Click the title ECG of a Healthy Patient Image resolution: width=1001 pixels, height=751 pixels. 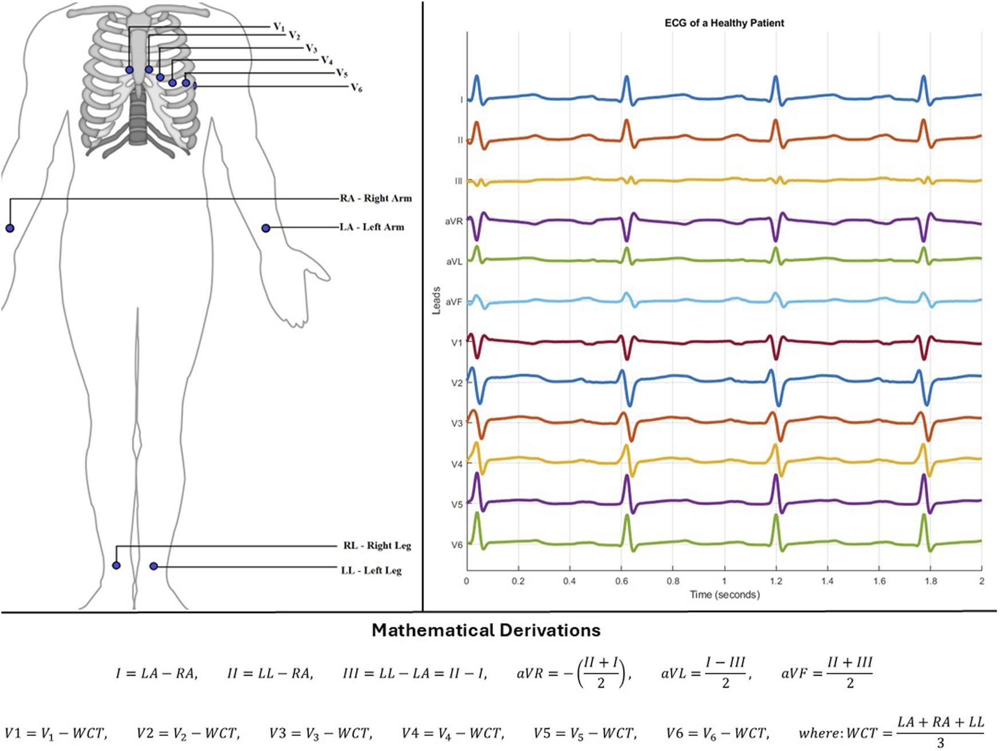724,23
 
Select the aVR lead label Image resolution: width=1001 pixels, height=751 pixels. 454,221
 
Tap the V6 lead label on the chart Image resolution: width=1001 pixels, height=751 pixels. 456,545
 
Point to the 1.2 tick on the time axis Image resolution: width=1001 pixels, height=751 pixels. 776,581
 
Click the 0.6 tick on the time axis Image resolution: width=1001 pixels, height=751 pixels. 621,581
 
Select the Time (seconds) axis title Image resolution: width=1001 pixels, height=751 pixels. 724,595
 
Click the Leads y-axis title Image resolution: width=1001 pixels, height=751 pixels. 436,301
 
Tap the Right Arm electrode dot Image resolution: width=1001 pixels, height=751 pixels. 10,228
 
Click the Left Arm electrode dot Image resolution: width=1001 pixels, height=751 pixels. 266,228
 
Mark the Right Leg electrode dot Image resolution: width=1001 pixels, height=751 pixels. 116,566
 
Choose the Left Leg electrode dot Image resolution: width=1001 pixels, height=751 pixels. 153,566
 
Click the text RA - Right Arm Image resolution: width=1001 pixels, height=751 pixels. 376,199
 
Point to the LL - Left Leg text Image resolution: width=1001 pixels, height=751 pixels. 371,571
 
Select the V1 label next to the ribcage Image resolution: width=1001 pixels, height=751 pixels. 279,27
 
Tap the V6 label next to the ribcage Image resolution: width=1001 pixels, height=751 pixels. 356,88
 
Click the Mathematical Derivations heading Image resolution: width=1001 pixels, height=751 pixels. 486,630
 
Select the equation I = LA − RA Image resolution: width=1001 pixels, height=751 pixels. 156,674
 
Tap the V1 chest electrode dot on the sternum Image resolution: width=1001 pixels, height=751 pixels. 129,70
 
